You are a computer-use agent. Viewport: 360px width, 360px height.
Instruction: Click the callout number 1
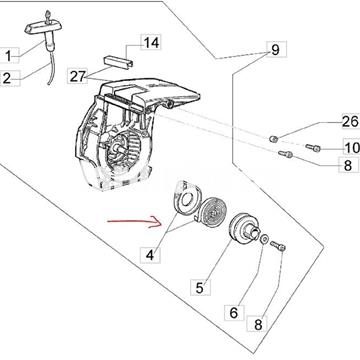click(x=8, y=56)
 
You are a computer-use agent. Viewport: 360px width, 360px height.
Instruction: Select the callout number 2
click(x=7, y=79)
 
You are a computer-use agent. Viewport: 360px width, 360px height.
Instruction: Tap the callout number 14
click(x=151, y=42)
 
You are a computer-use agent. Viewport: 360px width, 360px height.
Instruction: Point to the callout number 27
click(x=78, y=76)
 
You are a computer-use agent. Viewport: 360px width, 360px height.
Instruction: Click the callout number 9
click(x=275, y=50)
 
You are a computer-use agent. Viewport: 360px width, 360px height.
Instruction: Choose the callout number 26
click(x=351, y=121)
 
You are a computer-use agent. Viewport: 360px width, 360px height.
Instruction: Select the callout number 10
click(x=351, y=148)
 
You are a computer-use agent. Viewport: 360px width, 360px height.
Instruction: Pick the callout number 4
click(x=150, y=256)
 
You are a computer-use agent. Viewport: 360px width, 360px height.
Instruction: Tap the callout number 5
click(x=199, y=288)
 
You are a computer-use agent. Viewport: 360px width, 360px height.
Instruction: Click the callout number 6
click(x=234, y=313)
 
